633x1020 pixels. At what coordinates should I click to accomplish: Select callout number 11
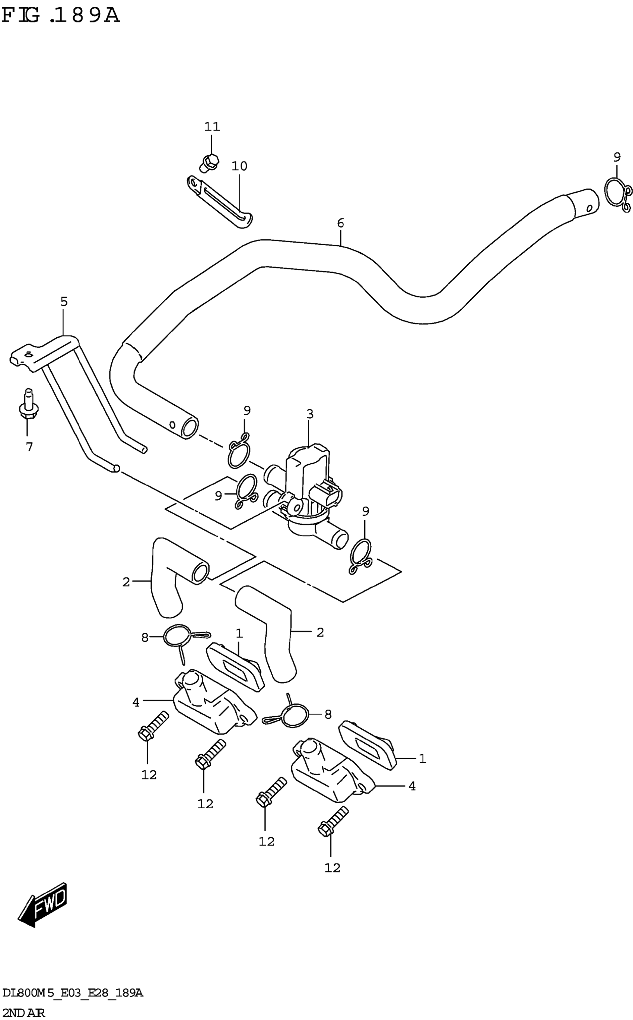coord(212,126)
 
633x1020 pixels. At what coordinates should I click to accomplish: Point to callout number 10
coord(239,166)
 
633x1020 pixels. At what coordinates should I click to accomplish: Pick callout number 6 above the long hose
coord(340,223)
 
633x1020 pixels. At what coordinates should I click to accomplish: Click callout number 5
coord(64,301)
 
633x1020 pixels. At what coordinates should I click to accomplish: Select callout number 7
coord(29,447)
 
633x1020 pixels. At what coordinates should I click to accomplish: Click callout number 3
coord(309,414)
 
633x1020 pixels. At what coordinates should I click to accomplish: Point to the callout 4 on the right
coord(412,786)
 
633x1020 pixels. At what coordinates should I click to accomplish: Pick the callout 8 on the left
coord(145,638)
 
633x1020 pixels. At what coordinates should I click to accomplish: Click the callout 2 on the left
coord(126,582)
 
